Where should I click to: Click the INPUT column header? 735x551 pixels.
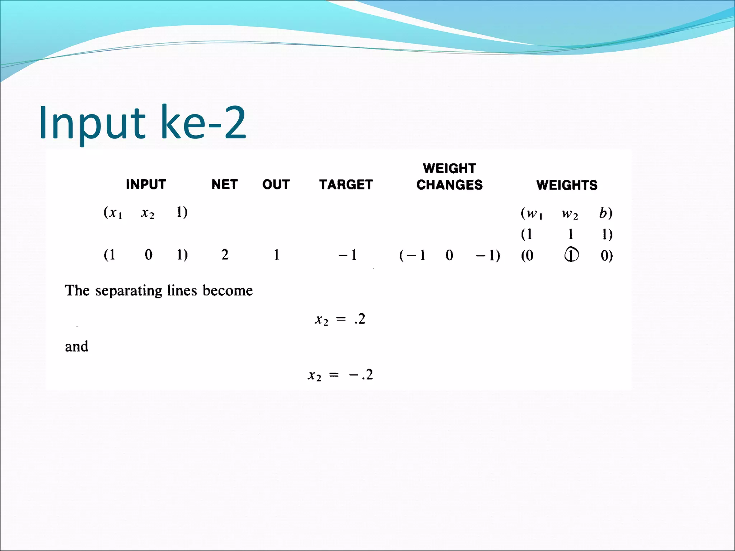pos(146,184)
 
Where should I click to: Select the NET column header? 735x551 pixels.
pos(224,184)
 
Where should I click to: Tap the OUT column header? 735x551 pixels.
pos(276,184)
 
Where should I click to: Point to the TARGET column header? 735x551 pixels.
pos(346,184)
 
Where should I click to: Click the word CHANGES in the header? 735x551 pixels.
pos(449,185)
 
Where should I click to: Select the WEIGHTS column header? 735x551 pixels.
pos(567,185)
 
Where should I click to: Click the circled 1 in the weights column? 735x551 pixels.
pos(571,255)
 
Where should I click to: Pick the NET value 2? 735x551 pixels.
pos(225,255)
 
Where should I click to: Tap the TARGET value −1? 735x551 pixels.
pos(347,255)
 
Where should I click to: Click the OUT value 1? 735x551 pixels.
pos(276,255)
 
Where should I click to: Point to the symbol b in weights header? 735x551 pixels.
pos(604,213)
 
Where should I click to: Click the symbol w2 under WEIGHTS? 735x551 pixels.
pos(570,214)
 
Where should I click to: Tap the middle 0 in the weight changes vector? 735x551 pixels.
pos(449,255)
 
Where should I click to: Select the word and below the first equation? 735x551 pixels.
pos(76,347)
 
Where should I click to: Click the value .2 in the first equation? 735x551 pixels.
pos(360,319)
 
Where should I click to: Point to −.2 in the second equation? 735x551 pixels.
pos(361,375)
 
